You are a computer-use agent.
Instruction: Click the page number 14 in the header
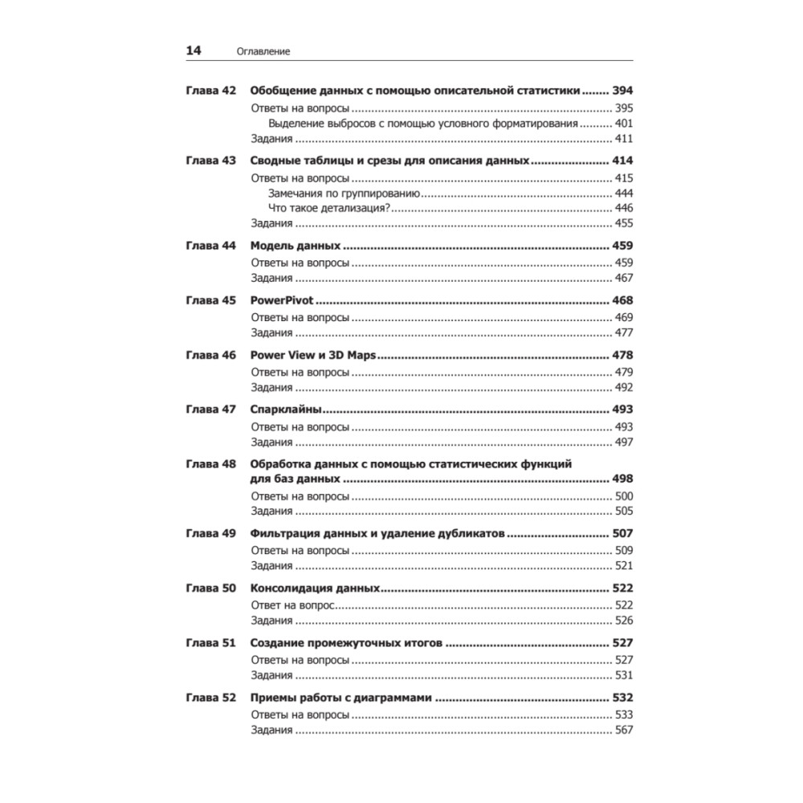pyautogui.click(x=194, y=51)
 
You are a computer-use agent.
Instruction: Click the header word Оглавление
pyautogui.click(x=263, y=51)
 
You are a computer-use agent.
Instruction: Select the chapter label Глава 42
pyautogui.click(x=210, y=91)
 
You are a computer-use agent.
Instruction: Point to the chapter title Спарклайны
pyautogui.click(x=287, y=409)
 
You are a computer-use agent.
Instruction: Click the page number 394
pyautogui.click(x=622, y=91)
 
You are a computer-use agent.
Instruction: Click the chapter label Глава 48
pyautogui.click(x=210, y=463)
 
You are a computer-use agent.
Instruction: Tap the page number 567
pyautogui.click(x=623, y=730)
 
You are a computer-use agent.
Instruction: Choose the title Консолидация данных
pyautogui.click(x=315, y=588)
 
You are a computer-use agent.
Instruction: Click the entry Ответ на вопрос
pyautogui.click(x=292, y=605)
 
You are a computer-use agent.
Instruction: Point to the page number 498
pyautogui.click(x=622, y=479)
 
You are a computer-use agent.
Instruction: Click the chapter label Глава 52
pyautogui.click(x=210, y=698)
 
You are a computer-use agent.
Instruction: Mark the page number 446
pyautogui.click(x=623, y=208)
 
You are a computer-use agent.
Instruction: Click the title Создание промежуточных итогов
pyautogui.click(x=346, y=643)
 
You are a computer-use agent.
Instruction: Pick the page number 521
pyautogui.click(x=623, y=565)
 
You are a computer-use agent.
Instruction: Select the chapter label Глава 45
pyautogui.click(x=210, y=300)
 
